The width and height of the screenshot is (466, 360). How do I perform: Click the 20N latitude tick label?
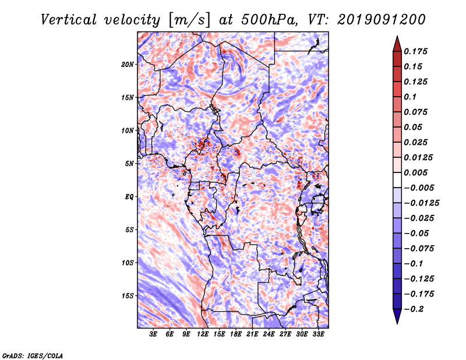tap(128, 64)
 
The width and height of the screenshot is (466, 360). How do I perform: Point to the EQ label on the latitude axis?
tap(129, 197)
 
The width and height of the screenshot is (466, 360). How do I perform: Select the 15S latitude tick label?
tap(128, 296)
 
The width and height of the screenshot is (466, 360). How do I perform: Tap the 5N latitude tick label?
tap(129, 164)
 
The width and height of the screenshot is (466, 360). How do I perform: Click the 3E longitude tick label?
tap(154, 334)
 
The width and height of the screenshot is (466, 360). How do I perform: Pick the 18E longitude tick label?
tap(236, 334)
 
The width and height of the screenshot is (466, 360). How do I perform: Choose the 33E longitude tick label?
tap(318, 334)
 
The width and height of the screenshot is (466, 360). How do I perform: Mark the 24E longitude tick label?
tap(269, 334)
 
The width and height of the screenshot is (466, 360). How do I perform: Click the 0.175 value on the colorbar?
tap(416, 52)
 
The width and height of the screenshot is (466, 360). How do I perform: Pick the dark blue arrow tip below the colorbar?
tap(397, 318)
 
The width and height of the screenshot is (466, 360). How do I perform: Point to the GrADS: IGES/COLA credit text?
tap(33, 355)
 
